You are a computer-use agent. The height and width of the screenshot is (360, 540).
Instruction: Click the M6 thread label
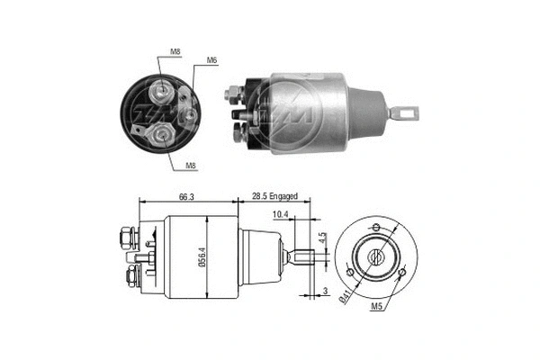point(212,60)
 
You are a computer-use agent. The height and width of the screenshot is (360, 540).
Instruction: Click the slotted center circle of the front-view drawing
point(377,256)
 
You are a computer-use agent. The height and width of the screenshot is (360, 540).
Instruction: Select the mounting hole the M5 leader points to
point(401,273)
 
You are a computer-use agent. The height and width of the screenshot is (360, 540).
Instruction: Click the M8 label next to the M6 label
point(174,53)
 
